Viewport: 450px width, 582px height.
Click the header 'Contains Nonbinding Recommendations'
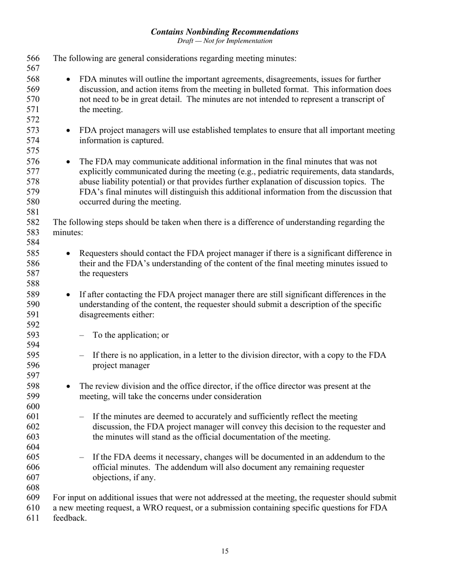coord(225,32)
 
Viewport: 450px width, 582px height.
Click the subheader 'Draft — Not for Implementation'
coord(225,41)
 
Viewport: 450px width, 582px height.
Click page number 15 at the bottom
coord(225,551)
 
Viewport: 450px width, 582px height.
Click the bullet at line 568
coord(69,79)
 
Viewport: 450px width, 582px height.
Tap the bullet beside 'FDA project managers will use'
coord(69,130)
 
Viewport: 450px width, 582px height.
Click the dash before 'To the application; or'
coord(82,335)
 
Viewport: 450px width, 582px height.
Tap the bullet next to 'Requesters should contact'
coord(69,253)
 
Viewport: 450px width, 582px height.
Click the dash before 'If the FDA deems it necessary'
coord(82,457)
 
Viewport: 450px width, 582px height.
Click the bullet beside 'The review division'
coord(69,386)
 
